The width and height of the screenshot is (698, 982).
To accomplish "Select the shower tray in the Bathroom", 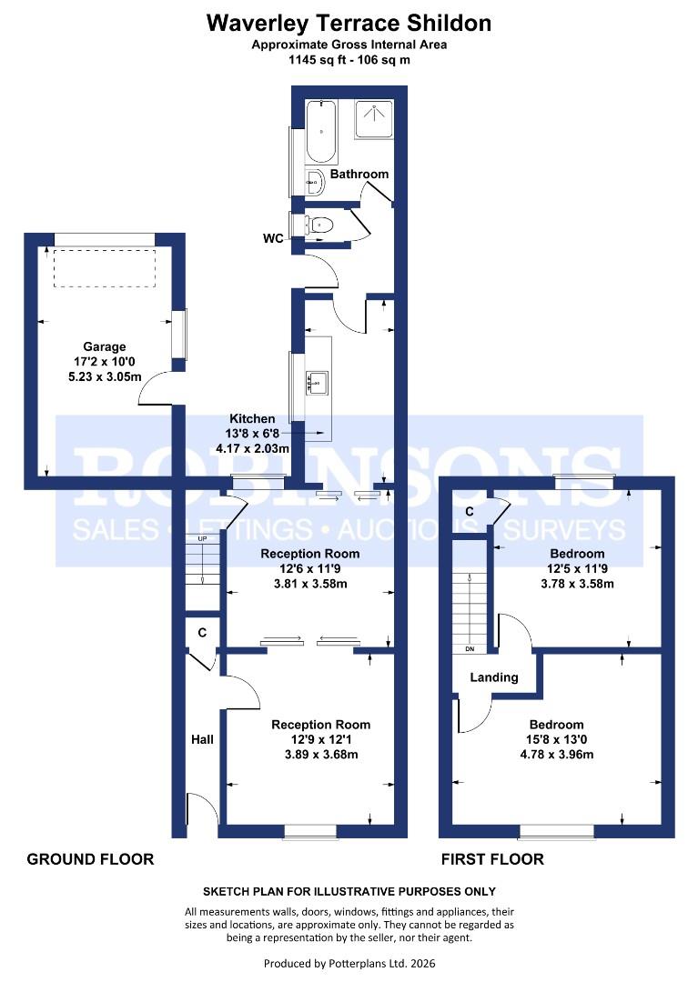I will [x=373, y=119].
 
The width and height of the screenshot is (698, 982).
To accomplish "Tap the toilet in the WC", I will [x=320, y=224].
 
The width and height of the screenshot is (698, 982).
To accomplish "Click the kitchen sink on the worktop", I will [x=318, y=383].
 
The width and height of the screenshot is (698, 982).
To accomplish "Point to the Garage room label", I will [x=105, y=346].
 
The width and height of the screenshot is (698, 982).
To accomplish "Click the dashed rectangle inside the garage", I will [x=104, y=267].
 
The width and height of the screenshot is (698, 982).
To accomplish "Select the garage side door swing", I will [x=155, y=389].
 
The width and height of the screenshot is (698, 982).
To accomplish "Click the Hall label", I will [x=202, y=739].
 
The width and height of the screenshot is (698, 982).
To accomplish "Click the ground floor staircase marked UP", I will [x=202, y=564].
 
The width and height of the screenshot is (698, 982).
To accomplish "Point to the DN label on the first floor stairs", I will [x=470, y=650].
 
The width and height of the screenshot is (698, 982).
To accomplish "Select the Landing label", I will [x=494, y=677].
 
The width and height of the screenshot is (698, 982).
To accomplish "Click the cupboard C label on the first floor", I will [x=469, y=513].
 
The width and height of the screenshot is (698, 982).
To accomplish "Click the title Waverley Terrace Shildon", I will [x=349, y=23].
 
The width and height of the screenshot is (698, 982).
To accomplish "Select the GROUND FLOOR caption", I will [x=90, y=859].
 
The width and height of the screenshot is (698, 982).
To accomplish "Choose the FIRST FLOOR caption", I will [x=492, y=859].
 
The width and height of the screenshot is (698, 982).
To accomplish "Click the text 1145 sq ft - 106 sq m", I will [x=349, y=58].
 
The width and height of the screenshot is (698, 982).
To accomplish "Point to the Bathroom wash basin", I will [x=315, y=184].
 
